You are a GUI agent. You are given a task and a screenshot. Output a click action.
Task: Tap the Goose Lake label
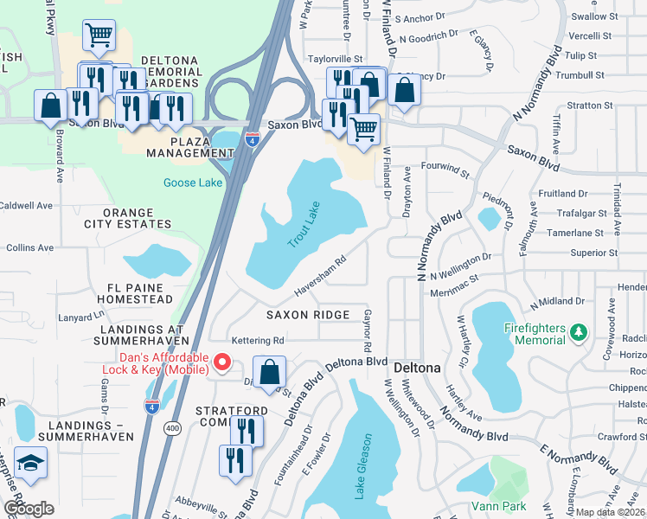[x=193, y=183]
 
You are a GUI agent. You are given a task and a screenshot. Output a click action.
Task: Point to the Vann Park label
[x=497, y=505]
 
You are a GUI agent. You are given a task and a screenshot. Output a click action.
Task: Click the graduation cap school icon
[x=30, y=465]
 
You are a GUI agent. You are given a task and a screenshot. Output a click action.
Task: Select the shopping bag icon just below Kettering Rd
[x=270, y=371]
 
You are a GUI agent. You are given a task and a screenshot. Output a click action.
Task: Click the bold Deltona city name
[x=417, y=368]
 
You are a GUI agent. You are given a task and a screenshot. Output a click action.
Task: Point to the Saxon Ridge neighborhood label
[x=308, y=315]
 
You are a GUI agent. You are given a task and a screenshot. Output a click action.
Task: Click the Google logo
[x=29, y=509]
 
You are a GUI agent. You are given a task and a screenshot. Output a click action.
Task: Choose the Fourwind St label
[x=444, y=163]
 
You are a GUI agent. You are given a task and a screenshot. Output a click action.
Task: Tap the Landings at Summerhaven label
[x=143, y=336]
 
